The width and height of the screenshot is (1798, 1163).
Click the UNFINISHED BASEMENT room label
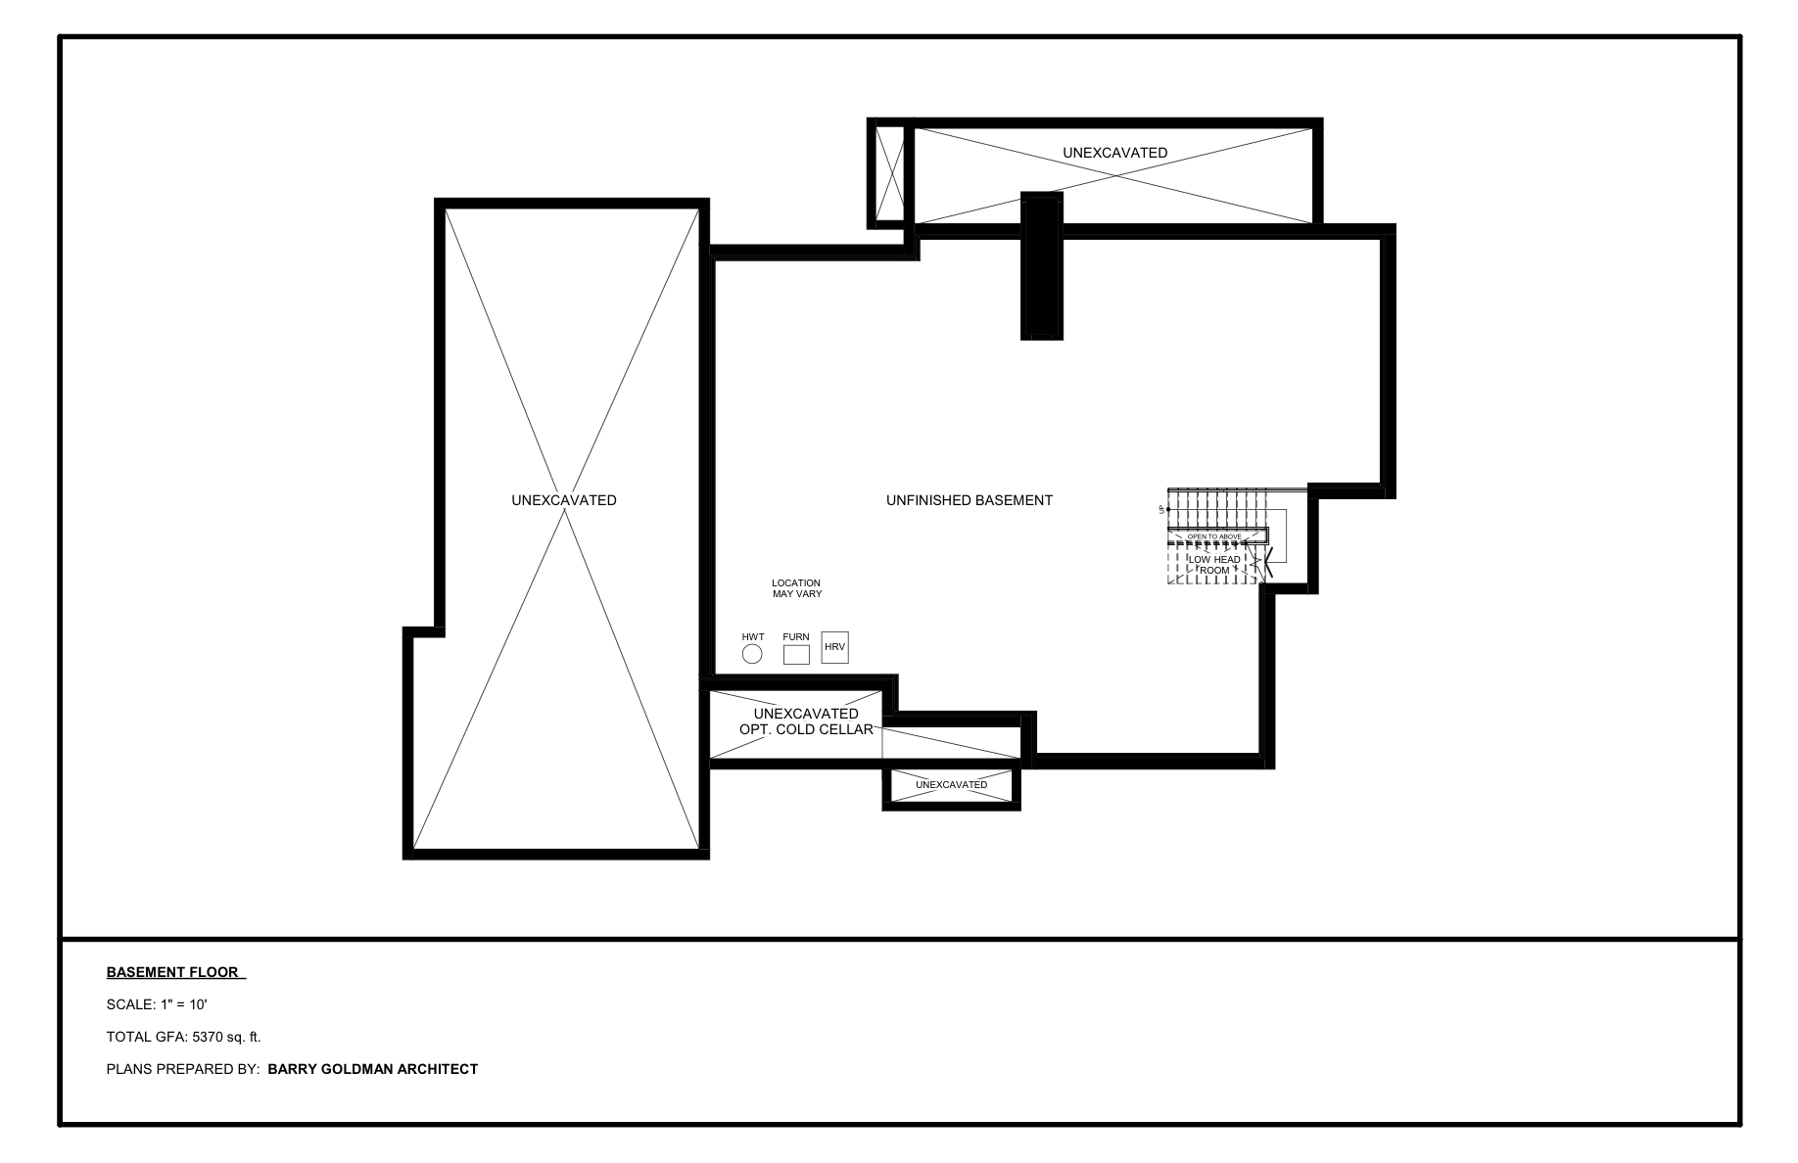(x=969, y=500)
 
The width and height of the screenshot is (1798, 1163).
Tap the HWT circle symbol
(x=752, y=654)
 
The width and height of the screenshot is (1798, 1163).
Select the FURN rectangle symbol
(x=796, y=655)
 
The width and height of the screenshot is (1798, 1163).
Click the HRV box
(x=834, y=647)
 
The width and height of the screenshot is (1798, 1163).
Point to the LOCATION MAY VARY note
(x=796, y=588)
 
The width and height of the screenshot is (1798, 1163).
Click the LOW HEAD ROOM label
(x=1214, y=565)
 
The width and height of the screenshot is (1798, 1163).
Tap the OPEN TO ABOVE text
(x=1214, y=536)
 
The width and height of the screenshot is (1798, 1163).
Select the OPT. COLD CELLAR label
(x=806, y=729)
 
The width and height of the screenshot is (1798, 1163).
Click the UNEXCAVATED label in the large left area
(x=563, y=500)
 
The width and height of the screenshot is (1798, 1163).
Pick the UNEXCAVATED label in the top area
(x=1114, y=153)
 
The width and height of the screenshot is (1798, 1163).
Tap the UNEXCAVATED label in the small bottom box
(x=951, y=785)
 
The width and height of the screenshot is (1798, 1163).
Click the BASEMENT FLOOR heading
(x=173, y=972)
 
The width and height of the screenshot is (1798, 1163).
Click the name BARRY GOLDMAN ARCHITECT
(x=372, y=1069)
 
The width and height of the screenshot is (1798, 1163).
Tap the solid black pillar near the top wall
(x=1041, y=265)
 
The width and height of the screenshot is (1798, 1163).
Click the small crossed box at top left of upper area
(x=890, y=173)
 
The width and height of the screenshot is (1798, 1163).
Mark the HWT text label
(x=752, y=637)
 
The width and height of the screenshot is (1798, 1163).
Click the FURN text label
(x=796, y=637)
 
